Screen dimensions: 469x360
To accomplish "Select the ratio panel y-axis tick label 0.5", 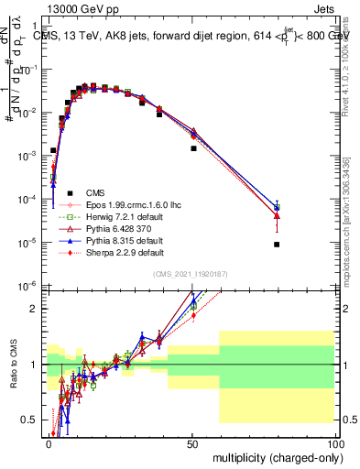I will tap(34, 420).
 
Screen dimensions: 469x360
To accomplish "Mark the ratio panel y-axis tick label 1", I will tap(38, 365).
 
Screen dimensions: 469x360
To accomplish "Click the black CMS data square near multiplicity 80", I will tap(277, 245).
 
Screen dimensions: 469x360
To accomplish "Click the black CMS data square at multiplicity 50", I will tap(193, 148).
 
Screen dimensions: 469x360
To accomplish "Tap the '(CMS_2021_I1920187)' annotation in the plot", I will tap(191, 274).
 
